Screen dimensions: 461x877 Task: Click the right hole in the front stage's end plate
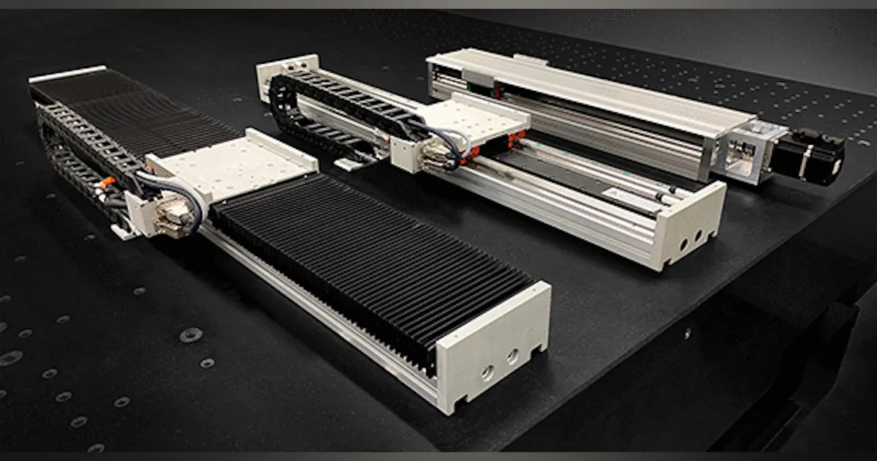pyautogui.click(x=513, y=356)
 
